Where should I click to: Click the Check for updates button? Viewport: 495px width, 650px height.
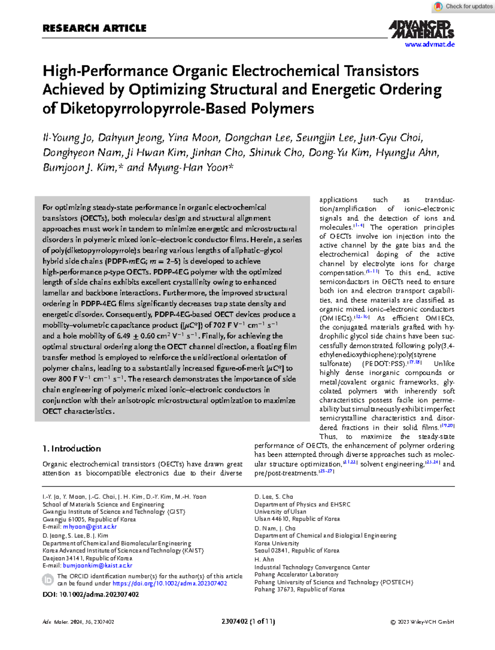[462, 6]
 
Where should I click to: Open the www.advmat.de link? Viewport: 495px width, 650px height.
[429, 45]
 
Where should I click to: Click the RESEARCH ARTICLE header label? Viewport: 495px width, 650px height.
[94, 28]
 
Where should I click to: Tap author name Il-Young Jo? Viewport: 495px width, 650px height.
[68, 138]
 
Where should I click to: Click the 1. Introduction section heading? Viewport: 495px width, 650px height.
[72, 448]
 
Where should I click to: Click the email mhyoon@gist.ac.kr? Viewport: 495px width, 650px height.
[90, 527]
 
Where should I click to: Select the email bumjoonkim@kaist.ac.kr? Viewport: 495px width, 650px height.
[97, 566]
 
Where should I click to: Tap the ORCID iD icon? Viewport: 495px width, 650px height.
[48, 580]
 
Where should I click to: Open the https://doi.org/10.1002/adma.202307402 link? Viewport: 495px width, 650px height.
[170, 584]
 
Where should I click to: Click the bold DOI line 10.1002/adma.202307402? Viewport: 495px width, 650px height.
[91, 594]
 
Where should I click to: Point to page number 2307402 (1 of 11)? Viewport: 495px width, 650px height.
[248, 622]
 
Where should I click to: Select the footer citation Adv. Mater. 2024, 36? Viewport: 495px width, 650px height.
[78, 622]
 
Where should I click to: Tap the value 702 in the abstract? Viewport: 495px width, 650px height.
[219, 325]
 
